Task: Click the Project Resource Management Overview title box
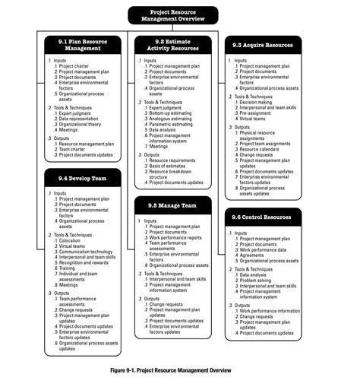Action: (172, 15)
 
